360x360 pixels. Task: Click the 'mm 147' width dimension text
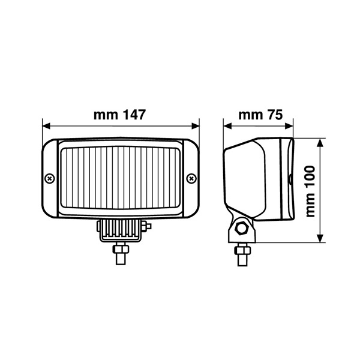[x=120, y=115]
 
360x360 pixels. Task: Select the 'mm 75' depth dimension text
[x=260, y=115]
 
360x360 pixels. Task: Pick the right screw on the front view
[x=191, y=178]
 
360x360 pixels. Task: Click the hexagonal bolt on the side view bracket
[x=243, y=228]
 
